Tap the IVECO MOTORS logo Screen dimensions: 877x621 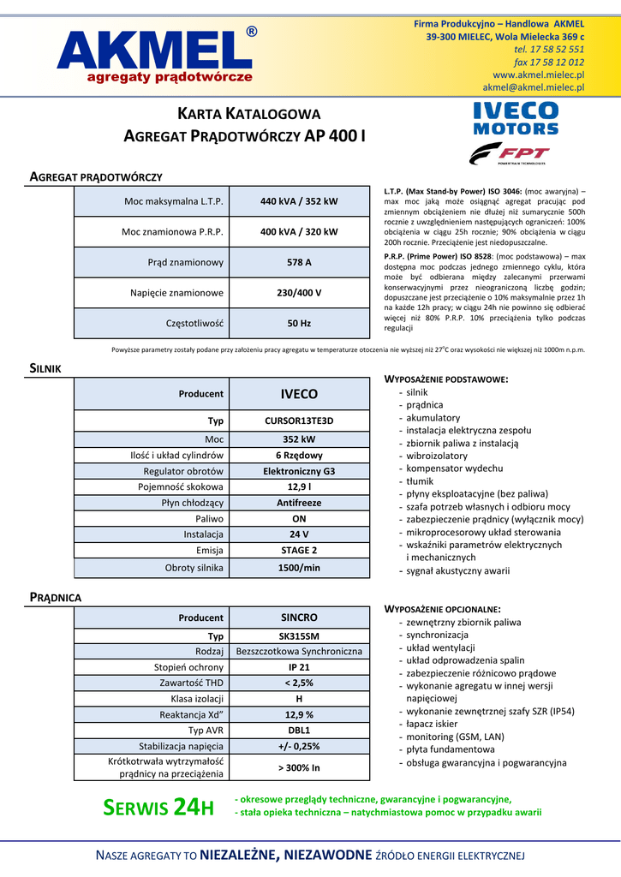(x=516, y=118)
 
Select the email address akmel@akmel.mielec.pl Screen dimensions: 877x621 (x=533, y=87)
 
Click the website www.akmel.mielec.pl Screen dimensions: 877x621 (x=538, y=75)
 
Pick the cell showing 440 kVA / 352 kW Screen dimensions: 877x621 (x=299, y=201)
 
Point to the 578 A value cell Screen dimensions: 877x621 (x=299, y=262)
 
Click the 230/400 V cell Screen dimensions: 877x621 (x=299, y=293)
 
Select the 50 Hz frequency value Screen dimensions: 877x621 (x=299, y=324)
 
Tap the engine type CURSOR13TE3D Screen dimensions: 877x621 (x=299, y=421)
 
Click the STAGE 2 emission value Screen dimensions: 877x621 (x=299, y=550)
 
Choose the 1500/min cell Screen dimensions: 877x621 (x=299, y=568)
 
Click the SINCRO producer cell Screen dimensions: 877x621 (x=299, y=617)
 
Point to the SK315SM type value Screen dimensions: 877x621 (x=299, y=636)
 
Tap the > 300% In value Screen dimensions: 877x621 (x=299, y=767)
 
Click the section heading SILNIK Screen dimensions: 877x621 (x=45, y=368)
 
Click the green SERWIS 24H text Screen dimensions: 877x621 (x=158, y=807)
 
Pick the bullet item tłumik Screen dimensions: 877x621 (x=421, y=481)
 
